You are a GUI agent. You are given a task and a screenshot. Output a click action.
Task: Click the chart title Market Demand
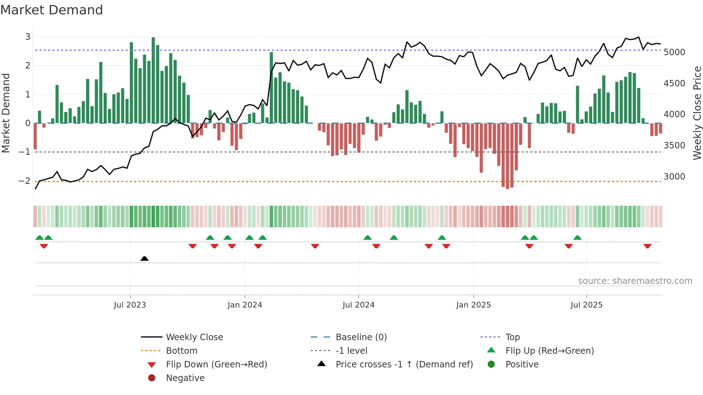tap(52, 10)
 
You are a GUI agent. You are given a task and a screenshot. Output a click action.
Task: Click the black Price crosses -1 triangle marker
tap(145, 258)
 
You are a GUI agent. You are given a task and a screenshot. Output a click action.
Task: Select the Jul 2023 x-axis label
tap(130, 305)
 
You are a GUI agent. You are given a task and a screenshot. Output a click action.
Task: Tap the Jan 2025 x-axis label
tap(473, 305)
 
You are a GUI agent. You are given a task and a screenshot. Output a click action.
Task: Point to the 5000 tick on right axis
tap(674, 52)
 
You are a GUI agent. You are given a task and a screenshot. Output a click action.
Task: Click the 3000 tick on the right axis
tap(674, 177)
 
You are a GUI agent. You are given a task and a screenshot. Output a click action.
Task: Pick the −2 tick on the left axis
tap(24, 181)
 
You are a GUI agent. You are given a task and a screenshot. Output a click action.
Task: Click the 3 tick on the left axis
tap(28, 37)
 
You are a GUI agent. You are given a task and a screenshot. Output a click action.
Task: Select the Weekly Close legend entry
tap(194, 337)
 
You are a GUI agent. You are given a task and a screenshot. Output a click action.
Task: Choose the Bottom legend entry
tap(181, 351)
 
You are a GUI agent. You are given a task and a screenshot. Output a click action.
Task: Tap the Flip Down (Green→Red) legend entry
tap(216, 365)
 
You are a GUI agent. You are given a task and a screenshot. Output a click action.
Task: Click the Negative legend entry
tap(185, 378)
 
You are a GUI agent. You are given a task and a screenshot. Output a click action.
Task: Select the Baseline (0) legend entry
tap(361, 337)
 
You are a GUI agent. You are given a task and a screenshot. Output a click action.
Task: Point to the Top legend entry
tap(513, 337)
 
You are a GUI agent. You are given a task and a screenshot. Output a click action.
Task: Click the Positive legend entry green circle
tap(491, 365)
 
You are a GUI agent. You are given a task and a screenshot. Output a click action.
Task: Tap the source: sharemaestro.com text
tap(635, 281)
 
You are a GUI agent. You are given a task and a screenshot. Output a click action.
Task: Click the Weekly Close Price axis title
tap(697, 113)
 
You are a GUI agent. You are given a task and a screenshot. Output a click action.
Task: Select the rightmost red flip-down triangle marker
tap(647, 246)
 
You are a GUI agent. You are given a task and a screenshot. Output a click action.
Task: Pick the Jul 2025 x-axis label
tap(586, 305)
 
